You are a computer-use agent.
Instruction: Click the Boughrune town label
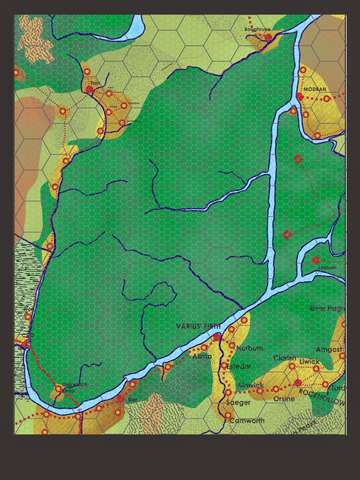coord(257,29)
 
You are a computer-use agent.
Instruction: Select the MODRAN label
coord(315,89)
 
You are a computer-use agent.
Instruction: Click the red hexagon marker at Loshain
coord(315,260)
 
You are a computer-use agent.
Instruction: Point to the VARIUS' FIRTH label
coord(198,326)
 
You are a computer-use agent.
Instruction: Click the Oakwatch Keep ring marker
coord(58,389)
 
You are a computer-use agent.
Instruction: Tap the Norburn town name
coord(250,348)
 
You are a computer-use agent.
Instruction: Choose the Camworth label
coord(247,421)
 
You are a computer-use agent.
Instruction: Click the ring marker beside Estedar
coord(224,366)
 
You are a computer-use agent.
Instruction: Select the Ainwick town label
coord(250,385)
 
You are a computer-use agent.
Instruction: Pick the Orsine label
coord(284,399)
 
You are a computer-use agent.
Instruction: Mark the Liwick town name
coord(310,361)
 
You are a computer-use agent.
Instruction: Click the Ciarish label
coord(285,358)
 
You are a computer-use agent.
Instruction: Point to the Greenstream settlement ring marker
coord(122,123)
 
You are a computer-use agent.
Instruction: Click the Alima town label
coord(202,356)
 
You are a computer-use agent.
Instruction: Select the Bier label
coord(132,400)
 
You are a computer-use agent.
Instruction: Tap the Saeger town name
coord(238,403)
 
